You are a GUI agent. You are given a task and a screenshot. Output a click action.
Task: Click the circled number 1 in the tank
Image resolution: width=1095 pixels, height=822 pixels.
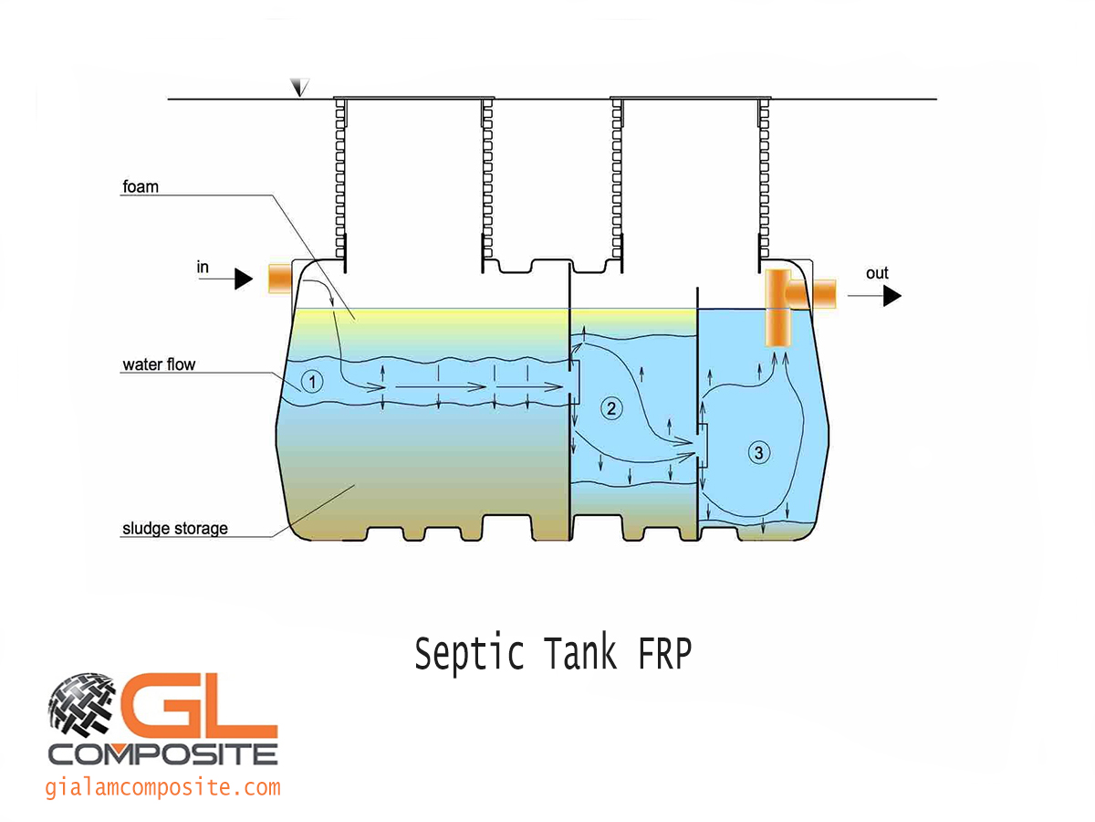pos(312,383)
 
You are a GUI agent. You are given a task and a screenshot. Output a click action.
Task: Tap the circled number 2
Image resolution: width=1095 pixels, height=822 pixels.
pos(610,408)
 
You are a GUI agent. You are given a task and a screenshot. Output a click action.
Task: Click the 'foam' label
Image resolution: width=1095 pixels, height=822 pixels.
pos(141,187)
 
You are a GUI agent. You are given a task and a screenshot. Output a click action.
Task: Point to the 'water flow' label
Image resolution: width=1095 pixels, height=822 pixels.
pos(159,365)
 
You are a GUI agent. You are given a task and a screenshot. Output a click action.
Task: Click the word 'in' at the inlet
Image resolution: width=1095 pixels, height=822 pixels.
pos(203,267)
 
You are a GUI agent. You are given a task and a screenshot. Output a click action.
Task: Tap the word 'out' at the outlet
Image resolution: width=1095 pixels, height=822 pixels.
pos(877,273)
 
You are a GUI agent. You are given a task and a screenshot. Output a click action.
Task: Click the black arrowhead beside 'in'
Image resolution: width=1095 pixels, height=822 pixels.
pos(243,279)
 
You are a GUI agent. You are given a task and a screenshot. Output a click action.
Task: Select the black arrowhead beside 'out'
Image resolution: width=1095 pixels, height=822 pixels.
pos(892,296)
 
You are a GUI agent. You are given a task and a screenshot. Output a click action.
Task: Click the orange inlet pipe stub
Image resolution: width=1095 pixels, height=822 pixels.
pos(277,279)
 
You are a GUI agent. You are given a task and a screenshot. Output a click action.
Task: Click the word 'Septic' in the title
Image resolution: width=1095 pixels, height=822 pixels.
pos(469,654)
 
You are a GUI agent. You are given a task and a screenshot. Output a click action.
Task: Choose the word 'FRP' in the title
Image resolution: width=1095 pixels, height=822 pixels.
pos(660,654)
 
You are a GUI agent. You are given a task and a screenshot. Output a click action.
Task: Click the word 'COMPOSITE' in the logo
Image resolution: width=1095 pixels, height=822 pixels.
pos(163,753)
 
